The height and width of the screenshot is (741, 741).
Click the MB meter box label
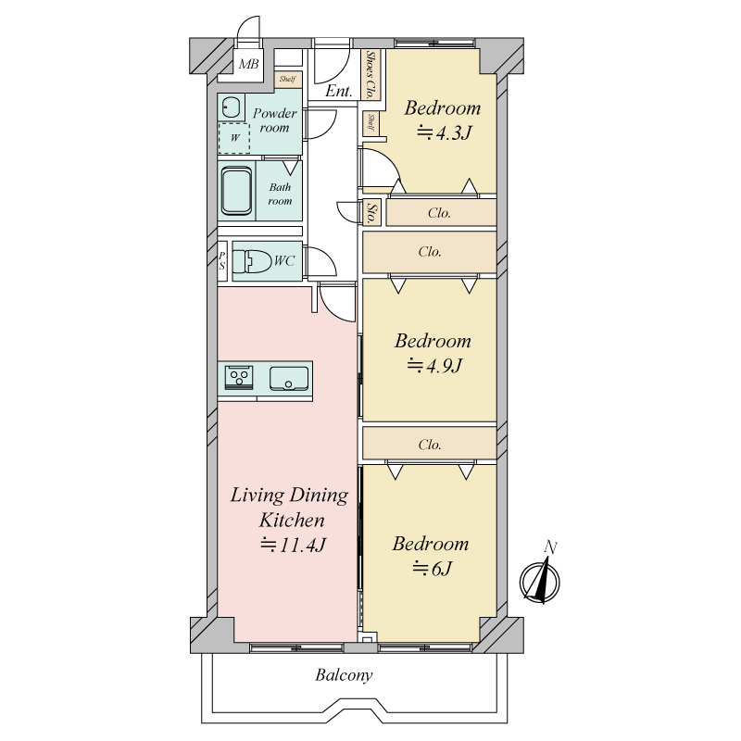click(x=248, y=64)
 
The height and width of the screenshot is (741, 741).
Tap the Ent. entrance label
click(x=339, y=90)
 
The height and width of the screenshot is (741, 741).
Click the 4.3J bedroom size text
click(x=444, y=133)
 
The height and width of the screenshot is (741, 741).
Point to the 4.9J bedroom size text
click(x=434, y=366)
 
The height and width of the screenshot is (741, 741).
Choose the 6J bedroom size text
click(x=433, y=568)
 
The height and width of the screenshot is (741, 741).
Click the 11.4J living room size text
click(x=293, y=545)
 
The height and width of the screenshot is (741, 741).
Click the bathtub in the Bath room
click(x=237, y=191)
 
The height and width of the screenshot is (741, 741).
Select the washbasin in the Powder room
click(x=231, y=108)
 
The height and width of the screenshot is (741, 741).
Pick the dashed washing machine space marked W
click(x=234, y=138)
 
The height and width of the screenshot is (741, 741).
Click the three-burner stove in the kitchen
click(x=239, y=378)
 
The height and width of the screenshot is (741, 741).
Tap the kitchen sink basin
click(x=289, y=379)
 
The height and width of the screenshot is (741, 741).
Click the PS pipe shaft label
click(x=222, y=261)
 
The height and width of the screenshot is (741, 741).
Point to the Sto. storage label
click(x=372, y=213)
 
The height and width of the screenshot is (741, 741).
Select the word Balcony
click(x=344, y=675)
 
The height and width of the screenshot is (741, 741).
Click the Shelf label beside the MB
click(x=287, y=80)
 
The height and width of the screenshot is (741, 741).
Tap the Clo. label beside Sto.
click(x=439, y=213)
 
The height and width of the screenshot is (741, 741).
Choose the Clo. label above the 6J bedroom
click(x=430, y=445)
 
